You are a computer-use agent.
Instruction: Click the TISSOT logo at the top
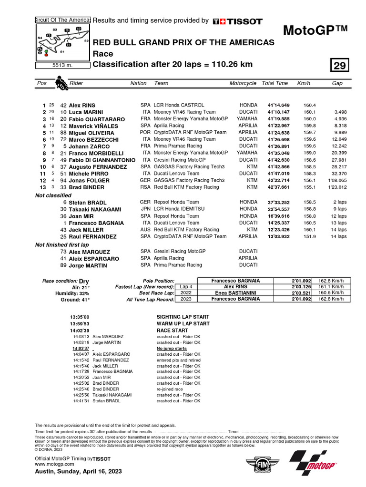tap(237, 21)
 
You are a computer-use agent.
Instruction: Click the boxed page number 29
tap(340, 65)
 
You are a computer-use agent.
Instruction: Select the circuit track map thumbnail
tap(62, 41)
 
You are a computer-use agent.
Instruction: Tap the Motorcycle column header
tap(243, 83)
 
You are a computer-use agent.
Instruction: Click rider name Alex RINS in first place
tap(82, 105)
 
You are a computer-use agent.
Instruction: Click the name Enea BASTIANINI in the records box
tap(235, 293)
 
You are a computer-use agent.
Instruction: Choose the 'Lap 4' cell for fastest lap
tap(186, 287)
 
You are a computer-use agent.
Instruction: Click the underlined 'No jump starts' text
tap(172, 349)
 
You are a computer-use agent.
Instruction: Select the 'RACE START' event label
tap(172, 330)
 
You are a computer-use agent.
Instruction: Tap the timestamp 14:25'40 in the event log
tap(81, 389)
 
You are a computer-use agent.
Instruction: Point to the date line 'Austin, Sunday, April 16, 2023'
tap(79, 471)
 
